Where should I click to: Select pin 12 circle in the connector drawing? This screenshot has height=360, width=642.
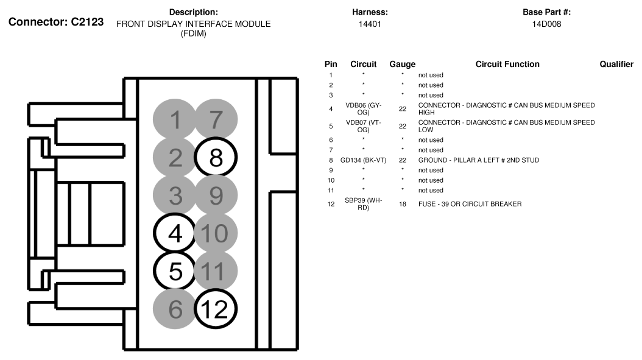(216, 309)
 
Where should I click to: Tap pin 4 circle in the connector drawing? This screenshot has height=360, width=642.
(175, 233)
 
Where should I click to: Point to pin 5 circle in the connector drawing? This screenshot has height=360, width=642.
(175, 271)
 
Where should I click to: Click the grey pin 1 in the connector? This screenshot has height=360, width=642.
(175, 120)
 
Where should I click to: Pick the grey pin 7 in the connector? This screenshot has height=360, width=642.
(216, 120)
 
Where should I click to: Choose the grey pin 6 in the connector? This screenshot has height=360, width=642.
(175, 309)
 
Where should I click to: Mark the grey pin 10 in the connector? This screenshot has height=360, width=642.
(216, 233)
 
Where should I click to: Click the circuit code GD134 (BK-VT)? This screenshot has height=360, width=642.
(363, 160)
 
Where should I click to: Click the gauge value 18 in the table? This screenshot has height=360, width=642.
(402, 204)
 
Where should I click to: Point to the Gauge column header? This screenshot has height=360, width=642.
(402, 64)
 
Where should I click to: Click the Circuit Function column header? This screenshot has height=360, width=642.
(507, 64)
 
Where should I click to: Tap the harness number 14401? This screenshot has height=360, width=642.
(370, 24)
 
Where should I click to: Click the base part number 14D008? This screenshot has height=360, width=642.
(546, 24)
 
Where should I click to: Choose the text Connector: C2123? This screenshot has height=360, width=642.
(56, 22)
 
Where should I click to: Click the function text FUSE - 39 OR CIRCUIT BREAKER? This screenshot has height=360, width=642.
(470, 204)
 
